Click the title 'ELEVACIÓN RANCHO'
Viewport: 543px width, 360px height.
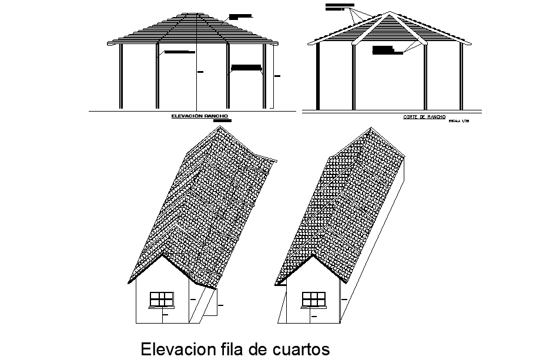[199, 117]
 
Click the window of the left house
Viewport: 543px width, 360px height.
[162, 298]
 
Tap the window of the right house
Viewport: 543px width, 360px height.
[313, 298]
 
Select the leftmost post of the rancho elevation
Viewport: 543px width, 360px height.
[121, 76]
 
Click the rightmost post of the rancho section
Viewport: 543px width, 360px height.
[461, 76]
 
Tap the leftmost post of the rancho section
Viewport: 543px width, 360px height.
[318, 76]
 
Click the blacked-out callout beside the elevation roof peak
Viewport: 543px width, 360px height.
[239, 16]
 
